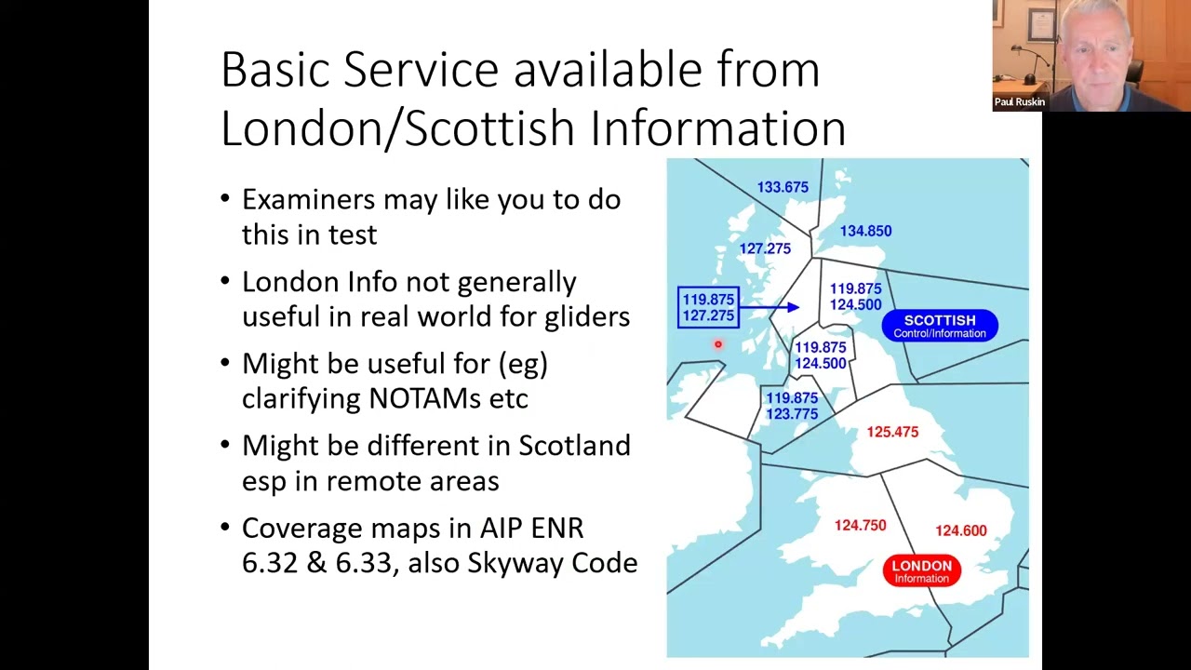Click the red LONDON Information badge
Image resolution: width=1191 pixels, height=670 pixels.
[921, 570]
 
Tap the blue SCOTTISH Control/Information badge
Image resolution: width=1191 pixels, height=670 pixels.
[940, 326]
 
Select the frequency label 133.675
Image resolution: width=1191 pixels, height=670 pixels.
[783, 187]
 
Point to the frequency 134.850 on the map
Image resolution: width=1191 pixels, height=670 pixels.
[865, 231]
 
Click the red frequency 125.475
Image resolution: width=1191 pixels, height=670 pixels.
[892, 432]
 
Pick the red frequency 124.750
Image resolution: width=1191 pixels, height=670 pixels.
[861, 526]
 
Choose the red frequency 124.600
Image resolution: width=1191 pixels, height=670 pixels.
[961, 530]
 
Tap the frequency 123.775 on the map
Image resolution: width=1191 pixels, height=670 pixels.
[792, 414]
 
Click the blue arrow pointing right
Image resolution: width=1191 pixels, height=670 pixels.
[769, 307]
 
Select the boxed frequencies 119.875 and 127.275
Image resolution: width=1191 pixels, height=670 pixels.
[708, 307]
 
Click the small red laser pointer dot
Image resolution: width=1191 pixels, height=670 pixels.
[718, 344]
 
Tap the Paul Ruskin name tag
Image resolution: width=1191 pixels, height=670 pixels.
[1019, 102]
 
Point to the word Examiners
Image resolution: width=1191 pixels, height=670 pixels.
[308, 200]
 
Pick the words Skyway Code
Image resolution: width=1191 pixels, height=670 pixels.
[553, 563]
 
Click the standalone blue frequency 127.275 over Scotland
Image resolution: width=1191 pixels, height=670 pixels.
[765, 248]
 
